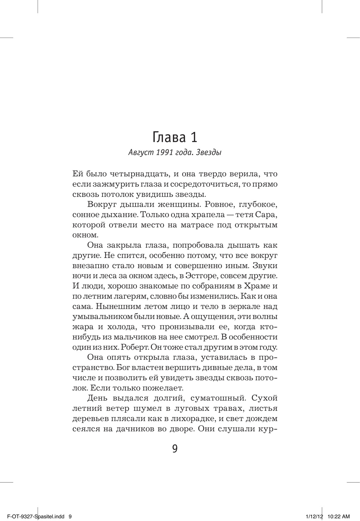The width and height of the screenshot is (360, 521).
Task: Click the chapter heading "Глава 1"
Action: [175, 137]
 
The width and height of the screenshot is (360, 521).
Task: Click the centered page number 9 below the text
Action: [175, 449]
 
